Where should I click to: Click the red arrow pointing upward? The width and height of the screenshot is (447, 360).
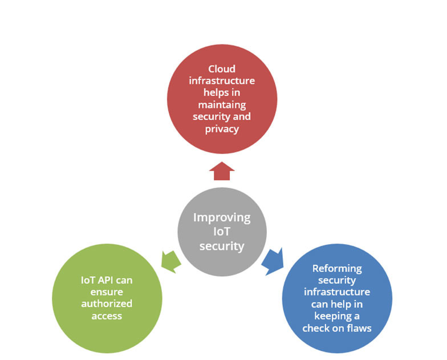tap(222, 171)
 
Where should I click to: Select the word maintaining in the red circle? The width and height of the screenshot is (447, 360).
tap(222, 106)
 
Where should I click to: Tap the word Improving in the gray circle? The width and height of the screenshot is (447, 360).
tap(222, 217)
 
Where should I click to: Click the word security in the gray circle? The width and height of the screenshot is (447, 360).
tap(222, 246)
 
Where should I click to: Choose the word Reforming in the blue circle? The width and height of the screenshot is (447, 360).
tap(337, 268)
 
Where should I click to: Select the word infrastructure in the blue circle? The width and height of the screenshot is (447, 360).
tap(337, 292)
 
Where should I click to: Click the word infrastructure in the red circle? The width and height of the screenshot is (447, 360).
tap(222, 81)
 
